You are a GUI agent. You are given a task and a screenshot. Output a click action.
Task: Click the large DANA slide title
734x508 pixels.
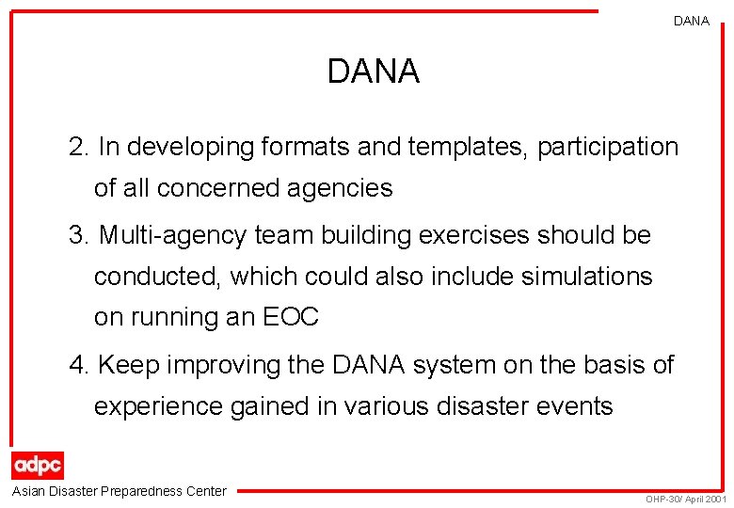pos(373,71)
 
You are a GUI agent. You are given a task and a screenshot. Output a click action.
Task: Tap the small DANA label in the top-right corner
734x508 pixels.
pos(692,21)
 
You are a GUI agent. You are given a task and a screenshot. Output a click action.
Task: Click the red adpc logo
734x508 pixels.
pos(38,466)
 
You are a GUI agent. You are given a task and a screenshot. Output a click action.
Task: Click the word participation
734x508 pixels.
pos(608,148)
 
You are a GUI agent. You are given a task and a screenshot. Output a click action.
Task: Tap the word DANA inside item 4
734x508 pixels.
pos(363,365)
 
